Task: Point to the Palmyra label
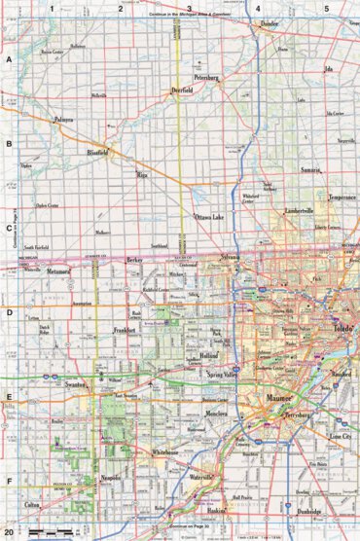click(63, 121)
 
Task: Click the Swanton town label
click(77, 386)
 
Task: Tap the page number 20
click(9, 532)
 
